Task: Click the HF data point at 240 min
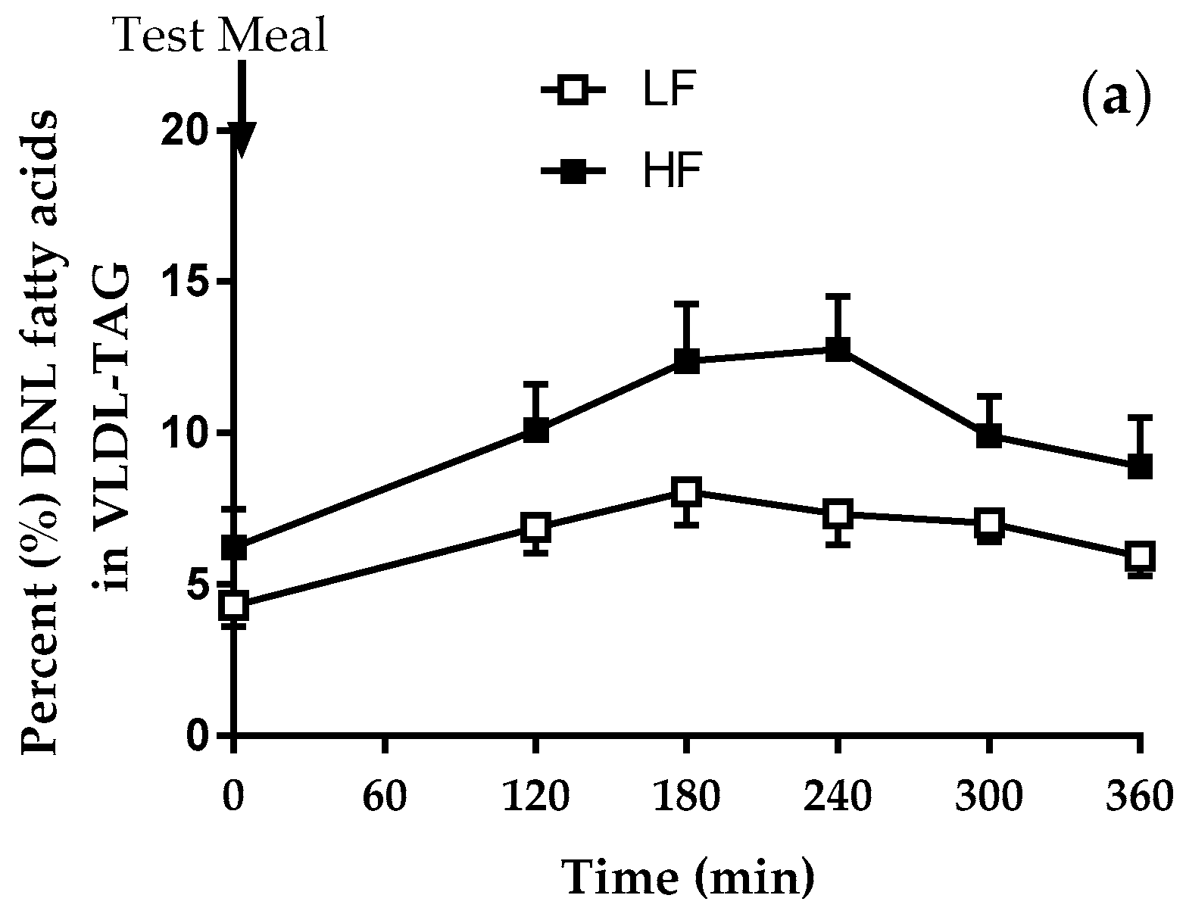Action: (838, 349)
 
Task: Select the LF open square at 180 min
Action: (686, 492)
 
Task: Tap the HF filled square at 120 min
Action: (535, 431)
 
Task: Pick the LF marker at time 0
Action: (233, 605)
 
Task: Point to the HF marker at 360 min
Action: (1140, 466)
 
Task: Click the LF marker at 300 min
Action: (989, 523)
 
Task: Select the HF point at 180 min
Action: (686, 361)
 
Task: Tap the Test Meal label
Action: (221, 35)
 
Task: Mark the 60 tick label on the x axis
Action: (385, 797)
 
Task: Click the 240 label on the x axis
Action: (838, 797)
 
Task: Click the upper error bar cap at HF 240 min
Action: (838, 296)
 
